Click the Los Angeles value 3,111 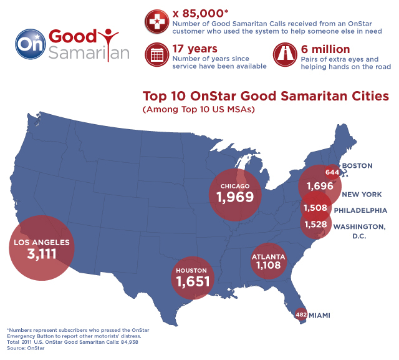click(x=41, y=254)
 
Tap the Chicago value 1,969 click(x=235, y=197)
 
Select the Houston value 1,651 click(x=195, y=281)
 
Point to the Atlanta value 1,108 click(x=268, y=265)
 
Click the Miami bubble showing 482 click(x=301, y=315)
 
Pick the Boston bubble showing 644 click(x=332, y=172)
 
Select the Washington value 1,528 click(x=316, y=224)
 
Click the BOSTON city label click(x=358, y=166)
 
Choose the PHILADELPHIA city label click(x=360, y=210)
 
